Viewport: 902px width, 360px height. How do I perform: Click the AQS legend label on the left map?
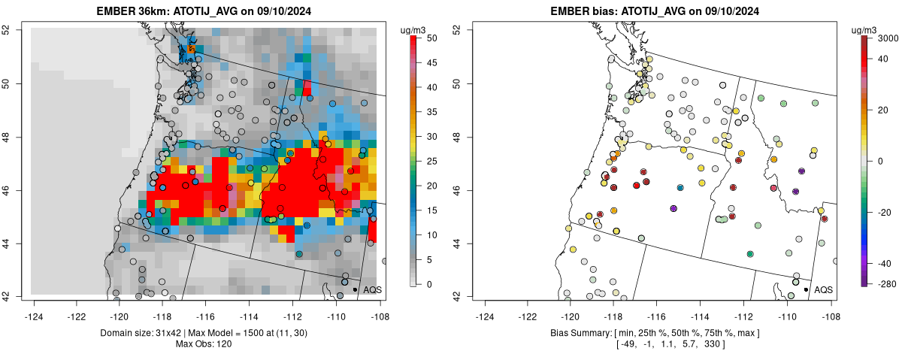pos(372,289)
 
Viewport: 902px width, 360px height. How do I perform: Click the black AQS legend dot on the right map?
pos(806,289)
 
